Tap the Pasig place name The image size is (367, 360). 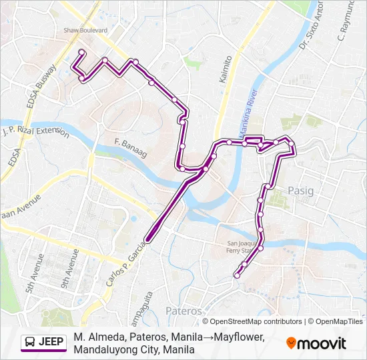(300, 191)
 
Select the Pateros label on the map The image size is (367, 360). (183, 311)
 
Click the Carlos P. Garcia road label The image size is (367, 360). (125, 262)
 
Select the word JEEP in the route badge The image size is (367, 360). (51, 343)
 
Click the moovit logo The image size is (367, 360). (316, 343)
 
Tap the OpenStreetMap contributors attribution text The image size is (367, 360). (256, 321)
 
